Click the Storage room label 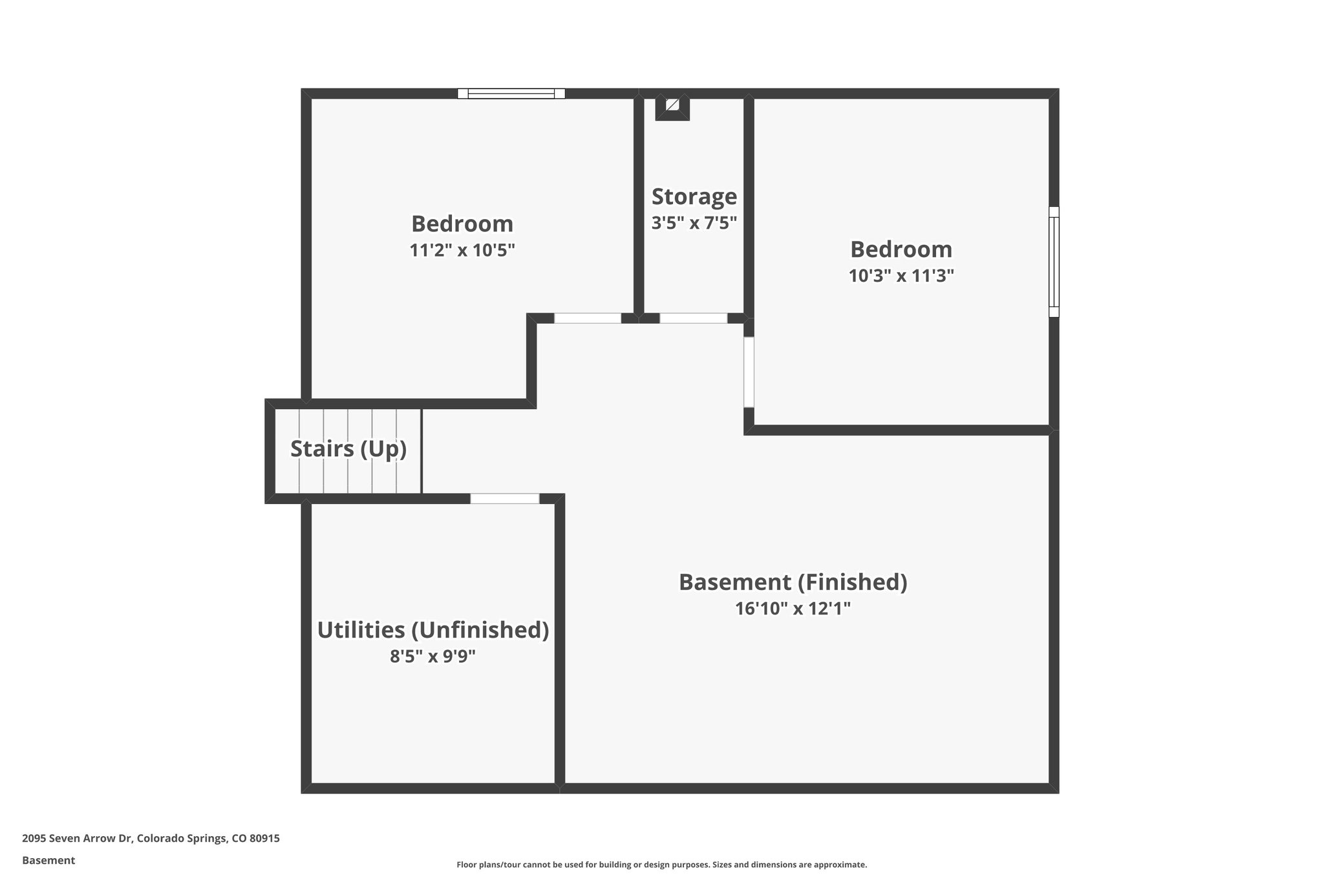pos(694,196)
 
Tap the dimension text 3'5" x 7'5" pos(694,223)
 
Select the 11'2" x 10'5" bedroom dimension pos(462,250)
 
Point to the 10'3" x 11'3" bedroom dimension pos(901,276)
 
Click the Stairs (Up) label pos(348,448)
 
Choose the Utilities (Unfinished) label pos(432,630)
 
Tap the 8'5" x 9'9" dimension pos(432,656)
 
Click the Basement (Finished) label pos(793,582)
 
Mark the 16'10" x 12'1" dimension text pos(793,609)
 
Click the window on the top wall pos(511,94)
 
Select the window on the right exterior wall pos(1054,262)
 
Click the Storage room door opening pos(693,318)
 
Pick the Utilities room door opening pos(504,498)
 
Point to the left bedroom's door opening pos(588,318)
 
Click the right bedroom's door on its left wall pos(749,372)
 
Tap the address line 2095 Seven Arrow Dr pos(151,838)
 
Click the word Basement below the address pos(48,860)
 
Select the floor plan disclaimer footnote pos(661,865)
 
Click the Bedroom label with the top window pos(462,224)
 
